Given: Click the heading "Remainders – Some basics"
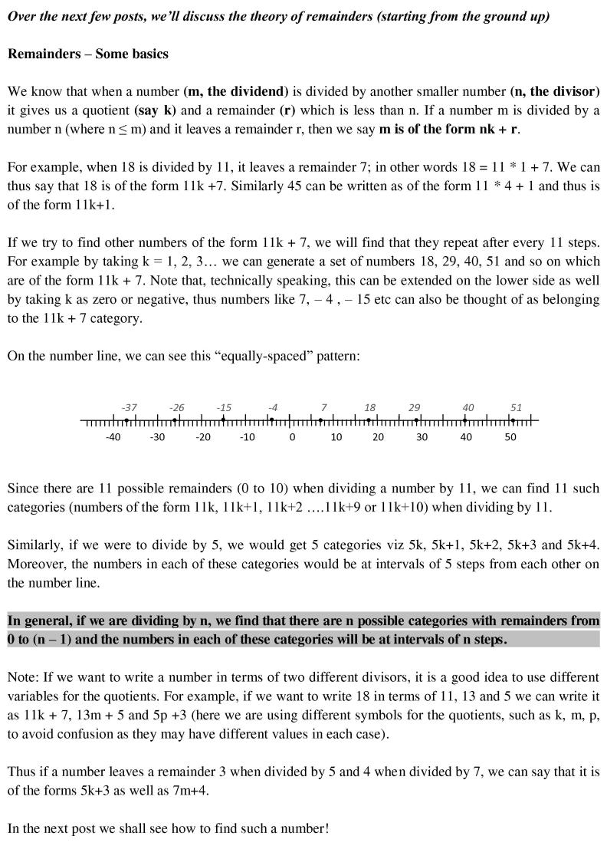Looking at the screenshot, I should point(87,54).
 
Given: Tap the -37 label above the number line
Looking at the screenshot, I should point(129,407).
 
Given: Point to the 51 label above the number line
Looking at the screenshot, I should point(516,407).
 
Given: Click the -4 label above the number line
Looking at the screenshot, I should point(273,407).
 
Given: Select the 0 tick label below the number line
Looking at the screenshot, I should point(292,437).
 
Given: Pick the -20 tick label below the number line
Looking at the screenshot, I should point(202,437).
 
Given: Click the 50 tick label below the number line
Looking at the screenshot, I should point(510,437).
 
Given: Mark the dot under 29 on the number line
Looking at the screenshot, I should point(416,420).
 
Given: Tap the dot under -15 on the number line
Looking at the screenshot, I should point(224,420).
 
